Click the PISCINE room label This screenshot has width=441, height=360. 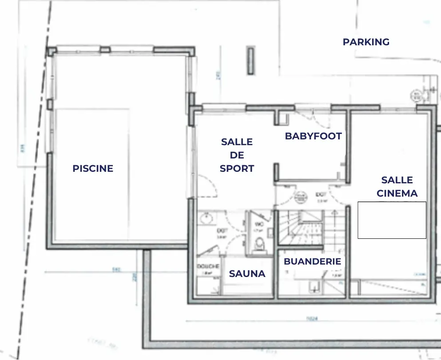point(93,169)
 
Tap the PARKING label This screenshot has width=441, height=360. point(366,42)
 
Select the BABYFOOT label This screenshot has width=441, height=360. point(313,136)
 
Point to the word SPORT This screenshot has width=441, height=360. point(237,169)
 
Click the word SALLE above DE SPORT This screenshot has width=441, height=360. point(237,142)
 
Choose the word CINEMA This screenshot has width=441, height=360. point(397,194)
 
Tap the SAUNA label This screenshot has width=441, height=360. point(247,274)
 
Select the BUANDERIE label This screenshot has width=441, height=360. point(312,261)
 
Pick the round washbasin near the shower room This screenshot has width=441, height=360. point(206,218)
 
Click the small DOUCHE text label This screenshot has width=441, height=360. point(208,266)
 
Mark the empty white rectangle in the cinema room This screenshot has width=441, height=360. point(392,220)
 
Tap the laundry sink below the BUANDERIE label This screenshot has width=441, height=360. point(314,288)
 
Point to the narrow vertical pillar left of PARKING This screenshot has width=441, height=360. point(251,60)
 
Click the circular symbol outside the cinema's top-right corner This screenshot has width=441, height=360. point(417,95)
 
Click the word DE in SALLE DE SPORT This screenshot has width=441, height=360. point(237,155)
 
